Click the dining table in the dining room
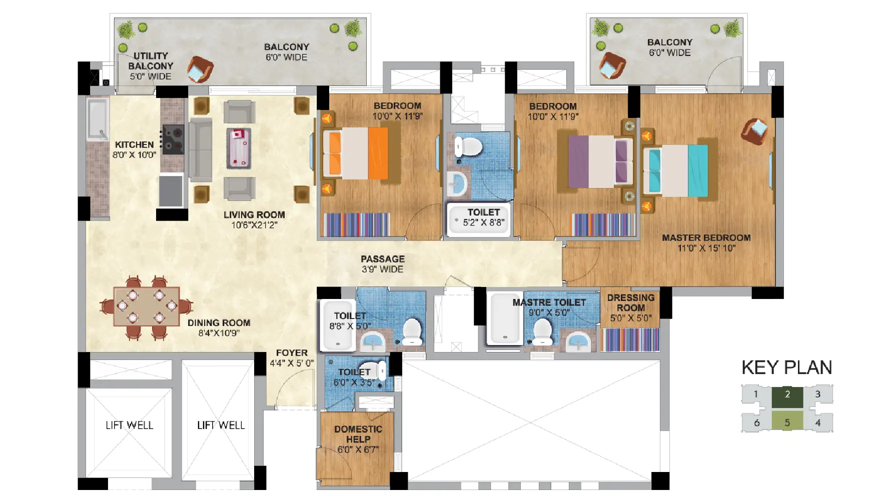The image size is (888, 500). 147,306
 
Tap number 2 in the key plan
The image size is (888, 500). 787,394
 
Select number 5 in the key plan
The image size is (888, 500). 787,422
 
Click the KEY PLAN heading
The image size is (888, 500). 786,367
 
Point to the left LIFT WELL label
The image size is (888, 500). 129,425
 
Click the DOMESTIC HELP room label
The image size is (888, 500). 358,434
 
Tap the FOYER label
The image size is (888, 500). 292,353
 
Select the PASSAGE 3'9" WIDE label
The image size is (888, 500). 383,264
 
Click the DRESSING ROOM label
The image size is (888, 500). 631,302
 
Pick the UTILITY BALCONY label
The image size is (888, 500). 150,60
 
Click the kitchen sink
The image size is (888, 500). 98,118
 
